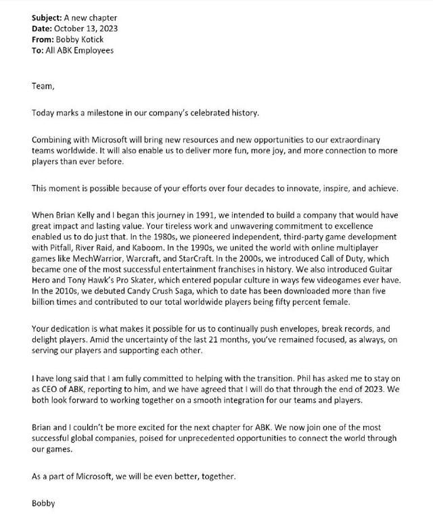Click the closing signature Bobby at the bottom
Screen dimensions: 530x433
pos(44,502)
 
